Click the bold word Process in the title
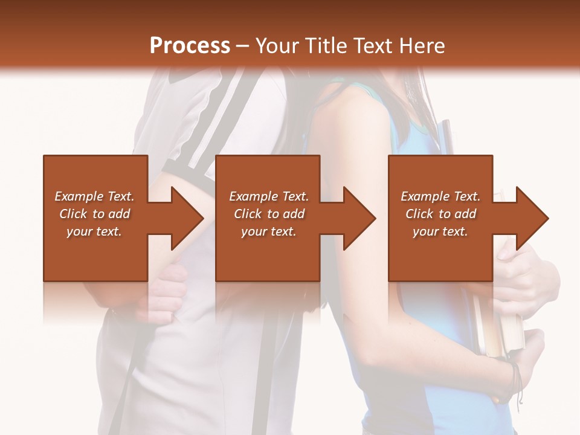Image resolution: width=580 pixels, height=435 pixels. coord(190,46)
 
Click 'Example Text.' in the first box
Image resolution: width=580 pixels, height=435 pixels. coord(94,196)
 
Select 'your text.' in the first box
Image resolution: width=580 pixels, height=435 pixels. coord(94,231)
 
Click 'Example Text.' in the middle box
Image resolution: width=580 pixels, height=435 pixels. coord(269,196)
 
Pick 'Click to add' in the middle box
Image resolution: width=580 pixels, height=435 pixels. coord(269,214)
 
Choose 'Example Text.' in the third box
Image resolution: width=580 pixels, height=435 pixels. coord(440,196)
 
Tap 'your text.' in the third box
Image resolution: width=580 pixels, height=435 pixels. coord(440,231)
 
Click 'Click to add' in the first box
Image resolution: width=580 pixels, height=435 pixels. coord(94,214)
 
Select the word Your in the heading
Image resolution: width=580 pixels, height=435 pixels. coord(276,46)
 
